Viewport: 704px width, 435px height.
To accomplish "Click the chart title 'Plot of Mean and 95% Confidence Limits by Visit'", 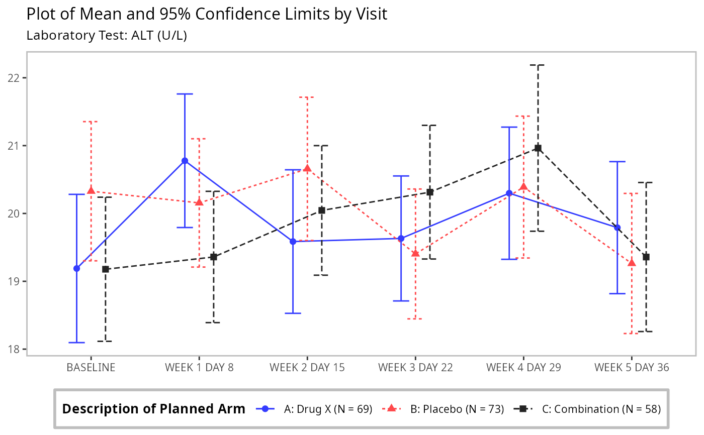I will tap(207, 14).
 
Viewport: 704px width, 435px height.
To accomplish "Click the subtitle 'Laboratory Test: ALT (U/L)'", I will tap(107, 36).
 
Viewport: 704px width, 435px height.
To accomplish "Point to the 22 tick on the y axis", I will tap(16, 78).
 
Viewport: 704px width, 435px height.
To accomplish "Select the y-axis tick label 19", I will tap(16, 281).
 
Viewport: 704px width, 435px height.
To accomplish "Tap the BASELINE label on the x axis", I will tap(91, 367).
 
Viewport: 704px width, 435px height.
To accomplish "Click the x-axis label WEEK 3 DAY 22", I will tap(415, 367).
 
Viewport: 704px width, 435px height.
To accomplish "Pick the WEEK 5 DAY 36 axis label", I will tap(632, 367).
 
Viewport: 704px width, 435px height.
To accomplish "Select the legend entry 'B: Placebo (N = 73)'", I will tap(457, 409).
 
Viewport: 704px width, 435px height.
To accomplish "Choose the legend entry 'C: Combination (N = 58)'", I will tap(601, 409).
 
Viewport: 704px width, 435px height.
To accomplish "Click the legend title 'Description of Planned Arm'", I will tap(153, 409).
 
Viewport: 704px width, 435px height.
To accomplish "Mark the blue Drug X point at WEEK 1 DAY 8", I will tap(185, 161).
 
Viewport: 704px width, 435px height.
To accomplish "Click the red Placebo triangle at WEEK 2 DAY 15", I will tap(307, 168).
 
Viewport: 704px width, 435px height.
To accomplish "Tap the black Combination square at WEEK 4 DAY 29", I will tap(538, 148).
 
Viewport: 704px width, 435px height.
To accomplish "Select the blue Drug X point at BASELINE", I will tap(77, 268).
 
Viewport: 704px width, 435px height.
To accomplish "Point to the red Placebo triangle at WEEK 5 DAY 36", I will tap(632, 263).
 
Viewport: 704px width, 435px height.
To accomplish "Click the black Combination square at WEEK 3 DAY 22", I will tap(430, 192).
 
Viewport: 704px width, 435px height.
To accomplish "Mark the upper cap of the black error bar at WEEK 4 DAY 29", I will tap(538, 65).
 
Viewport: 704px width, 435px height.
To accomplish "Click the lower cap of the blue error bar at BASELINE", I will tap(77, 342).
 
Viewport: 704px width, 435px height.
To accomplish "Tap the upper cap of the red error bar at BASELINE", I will tap(91, 122).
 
